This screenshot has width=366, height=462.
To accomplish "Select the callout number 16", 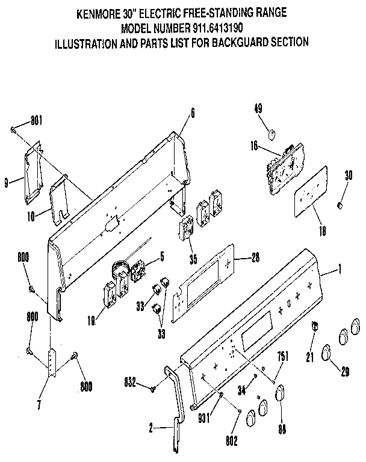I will click(253, 144).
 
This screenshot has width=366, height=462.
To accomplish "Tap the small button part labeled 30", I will click(340, 206).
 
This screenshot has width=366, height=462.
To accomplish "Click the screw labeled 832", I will click(154, 389).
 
